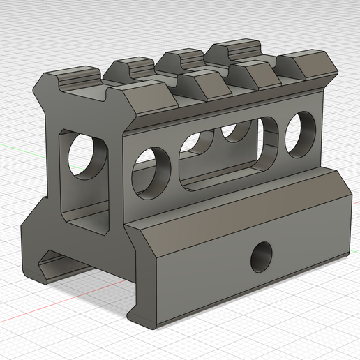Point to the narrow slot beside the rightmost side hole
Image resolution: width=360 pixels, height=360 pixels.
[269, 142]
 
